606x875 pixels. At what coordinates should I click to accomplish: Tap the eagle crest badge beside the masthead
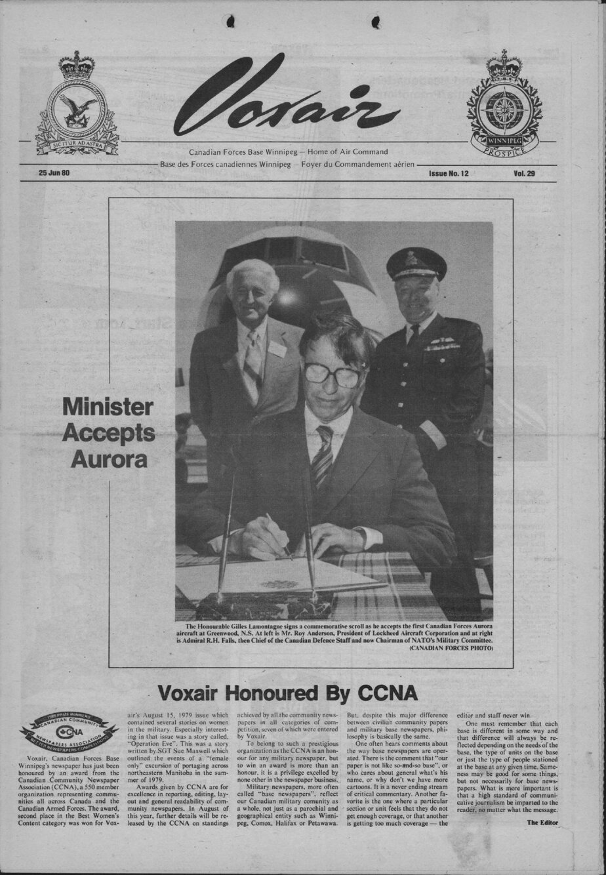point(77,105)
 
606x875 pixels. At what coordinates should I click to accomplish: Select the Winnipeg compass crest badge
point(504,105)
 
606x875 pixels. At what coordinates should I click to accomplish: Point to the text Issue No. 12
point(449,174)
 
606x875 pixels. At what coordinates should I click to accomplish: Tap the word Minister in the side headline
point(109,407)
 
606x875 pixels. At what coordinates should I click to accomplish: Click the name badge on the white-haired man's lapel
point(277,349)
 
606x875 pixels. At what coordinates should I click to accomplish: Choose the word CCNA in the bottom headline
point(388,693)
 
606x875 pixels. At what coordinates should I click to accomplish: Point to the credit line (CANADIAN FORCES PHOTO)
point(451,648)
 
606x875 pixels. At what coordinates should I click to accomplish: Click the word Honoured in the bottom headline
point(274,693)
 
